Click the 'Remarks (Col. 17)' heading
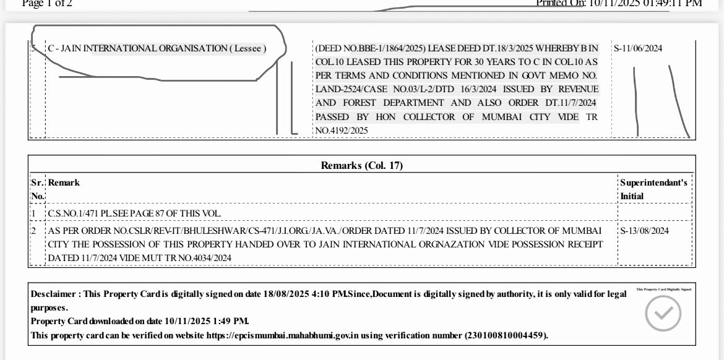pos(362,165)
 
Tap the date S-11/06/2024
pos(637,49)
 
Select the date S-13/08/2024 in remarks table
pos(644,231)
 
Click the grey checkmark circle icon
pos(663,314)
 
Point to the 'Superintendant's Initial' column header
pos(654,189)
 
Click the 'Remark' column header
pos(64,183)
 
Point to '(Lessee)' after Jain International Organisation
pos(248,49)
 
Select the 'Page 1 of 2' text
pos(47,4)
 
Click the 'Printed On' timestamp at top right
pos(619,4)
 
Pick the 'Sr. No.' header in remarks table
pos(38,189)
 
